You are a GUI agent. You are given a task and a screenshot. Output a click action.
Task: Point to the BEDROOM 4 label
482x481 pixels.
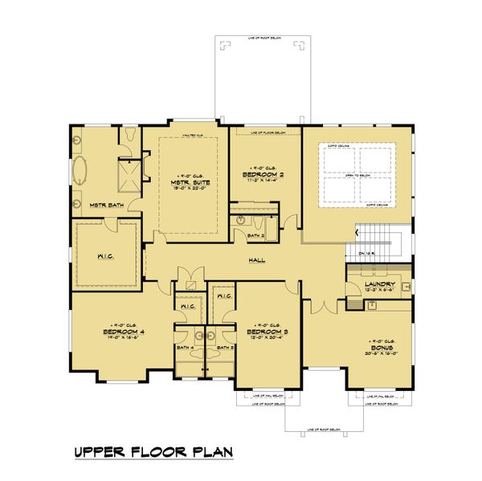coord(107,331)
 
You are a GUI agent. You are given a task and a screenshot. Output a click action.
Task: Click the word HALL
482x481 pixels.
coord(257,260)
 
